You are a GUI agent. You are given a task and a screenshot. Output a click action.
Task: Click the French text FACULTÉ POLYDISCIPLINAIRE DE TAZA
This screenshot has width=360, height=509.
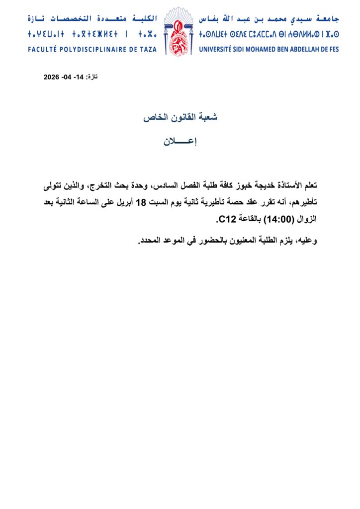[92, 50]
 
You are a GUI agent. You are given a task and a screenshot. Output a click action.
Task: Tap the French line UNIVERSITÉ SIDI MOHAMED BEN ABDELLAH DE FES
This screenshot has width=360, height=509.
[269, 50]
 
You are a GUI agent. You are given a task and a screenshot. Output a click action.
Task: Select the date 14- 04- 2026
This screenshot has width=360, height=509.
[64, 77]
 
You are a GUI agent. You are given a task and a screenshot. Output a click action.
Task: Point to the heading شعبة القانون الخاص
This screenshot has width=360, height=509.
[180, 117]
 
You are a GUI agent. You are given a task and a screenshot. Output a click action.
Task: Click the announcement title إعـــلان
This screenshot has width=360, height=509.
[180, 141]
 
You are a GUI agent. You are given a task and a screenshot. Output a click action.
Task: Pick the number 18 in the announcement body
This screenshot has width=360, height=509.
[141, 202]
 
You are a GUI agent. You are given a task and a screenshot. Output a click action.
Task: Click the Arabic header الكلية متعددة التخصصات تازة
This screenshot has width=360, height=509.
[92, 19]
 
